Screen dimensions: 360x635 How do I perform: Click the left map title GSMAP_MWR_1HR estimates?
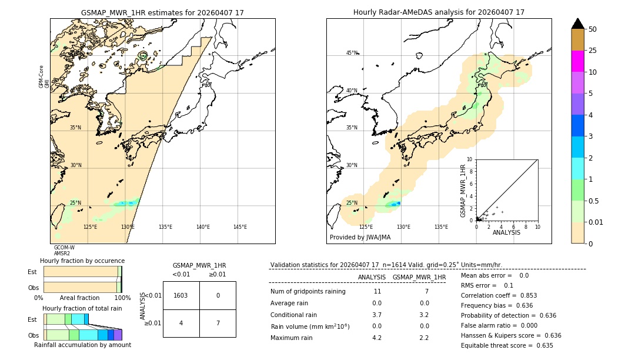click(162, 12)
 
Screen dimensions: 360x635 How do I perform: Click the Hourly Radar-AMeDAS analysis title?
click(439, 12)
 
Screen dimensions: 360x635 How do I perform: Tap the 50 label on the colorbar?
click(593, 29)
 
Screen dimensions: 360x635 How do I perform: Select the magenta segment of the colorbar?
click(577, 61)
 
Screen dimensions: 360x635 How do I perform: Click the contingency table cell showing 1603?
click(181, 295)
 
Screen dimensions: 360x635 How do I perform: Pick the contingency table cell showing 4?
click(181, 323)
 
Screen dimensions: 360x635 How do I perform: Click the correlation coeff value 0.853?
click(524, 295)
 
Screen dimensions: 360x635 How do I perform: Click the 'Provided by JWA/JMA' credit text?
click(360, 238)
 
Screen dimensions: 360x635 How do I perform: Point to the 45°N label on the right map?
click(352, 53)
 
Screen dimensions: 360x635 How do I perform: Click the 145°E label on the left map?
click(240, 227)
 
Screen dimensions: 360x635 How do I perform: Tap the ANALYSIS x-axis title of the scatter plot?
click(506, 232)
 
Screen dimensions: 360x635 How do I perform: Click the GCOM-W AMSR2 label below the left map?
click(63, 251)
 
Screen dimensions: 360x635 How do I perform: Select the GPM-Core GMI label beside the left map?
click(44, 76)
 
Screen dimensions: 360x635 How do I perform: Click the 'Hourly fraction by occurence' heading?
click(82, 261)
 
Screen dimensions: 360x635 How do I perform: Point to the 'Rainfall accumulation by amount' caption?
click(82, 345)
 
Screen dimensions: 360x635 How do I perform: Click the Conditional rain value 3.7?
click(377, 315)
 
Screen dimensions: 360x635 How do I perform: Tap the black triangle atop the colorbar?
click(577, 24)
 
